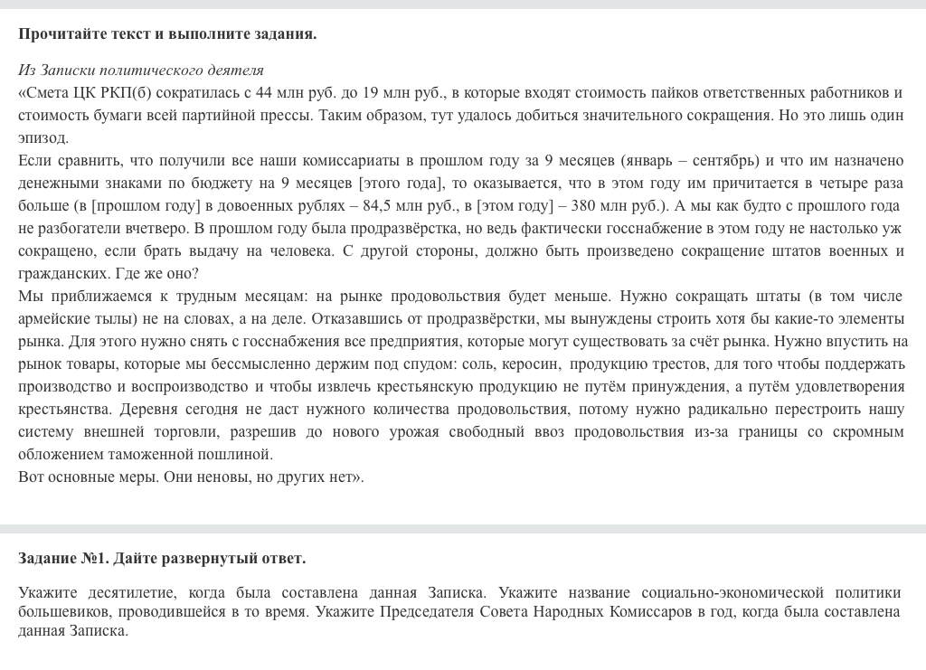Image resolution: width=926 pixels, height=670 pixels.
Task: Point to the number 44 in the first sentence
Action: click(264, 92)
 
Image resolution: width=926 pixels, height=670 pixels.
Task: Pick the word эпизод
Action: click(43, 137)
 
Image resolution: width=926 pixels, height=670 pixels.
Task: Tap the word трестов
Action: click(671, 363)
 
